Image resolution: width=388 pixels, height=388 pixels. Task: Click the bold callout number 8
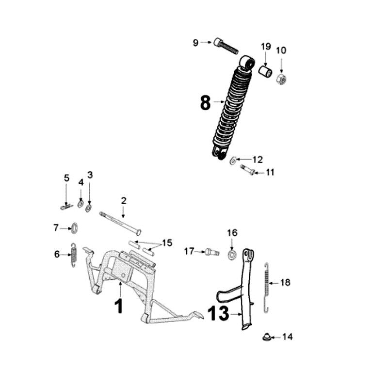205,103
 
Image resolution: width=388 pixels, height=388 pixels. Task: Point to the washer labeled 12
233,160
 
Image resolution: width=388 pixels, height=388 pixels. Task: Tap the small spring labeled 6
74,254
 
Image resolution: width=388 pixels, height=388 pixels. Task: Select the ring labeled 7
75,227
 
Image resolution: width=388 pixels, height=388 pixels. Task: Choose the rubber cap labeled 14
266,336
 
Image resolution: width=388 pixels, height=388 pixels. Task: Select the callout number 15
167,242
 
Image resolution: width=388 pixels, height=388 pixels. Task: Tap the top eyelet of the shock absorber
248,61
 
